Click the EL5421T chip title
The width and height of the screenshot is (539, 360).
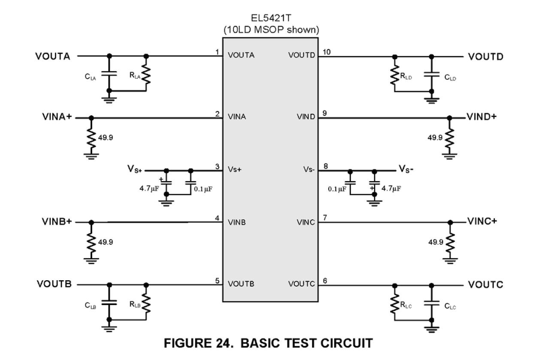(x=270, y=20)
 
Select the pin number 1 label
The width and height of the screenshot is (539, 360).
(x=218, y=52)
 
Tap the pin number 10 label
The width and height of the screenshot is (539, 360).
(x=327, y=52)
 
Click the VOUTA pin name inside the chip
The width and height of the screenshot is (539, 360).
(x=241, y=55)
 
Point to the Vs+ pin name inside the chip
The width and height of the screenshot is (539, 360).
(x=235, y=169)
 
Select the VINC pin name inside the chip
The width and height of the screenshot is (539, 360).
(x=306, y=222)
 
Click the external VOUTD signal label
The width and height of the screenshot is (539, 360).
(x=486, y=56)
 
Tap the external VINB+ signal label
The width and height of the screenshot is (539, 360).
(x=57, y=222)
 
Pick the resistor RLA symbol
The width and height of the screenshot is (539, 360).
(x=146, y=74)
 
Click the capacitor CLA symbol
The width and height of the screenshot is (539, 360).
(x=109, y=73)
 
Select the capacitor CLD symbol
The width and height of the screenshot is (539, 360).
(x=432, y=74)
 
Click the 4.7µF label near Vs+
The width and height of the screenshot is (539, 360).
(x=148, y=188)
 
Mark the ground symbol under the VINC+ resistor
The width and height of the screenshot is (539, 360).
(x=450, y=259)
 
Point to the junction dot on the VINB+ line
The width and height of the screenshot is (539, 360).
(x=91, y=222)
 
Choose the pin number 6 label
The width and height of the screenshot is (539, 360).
(x=324, y=281)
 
